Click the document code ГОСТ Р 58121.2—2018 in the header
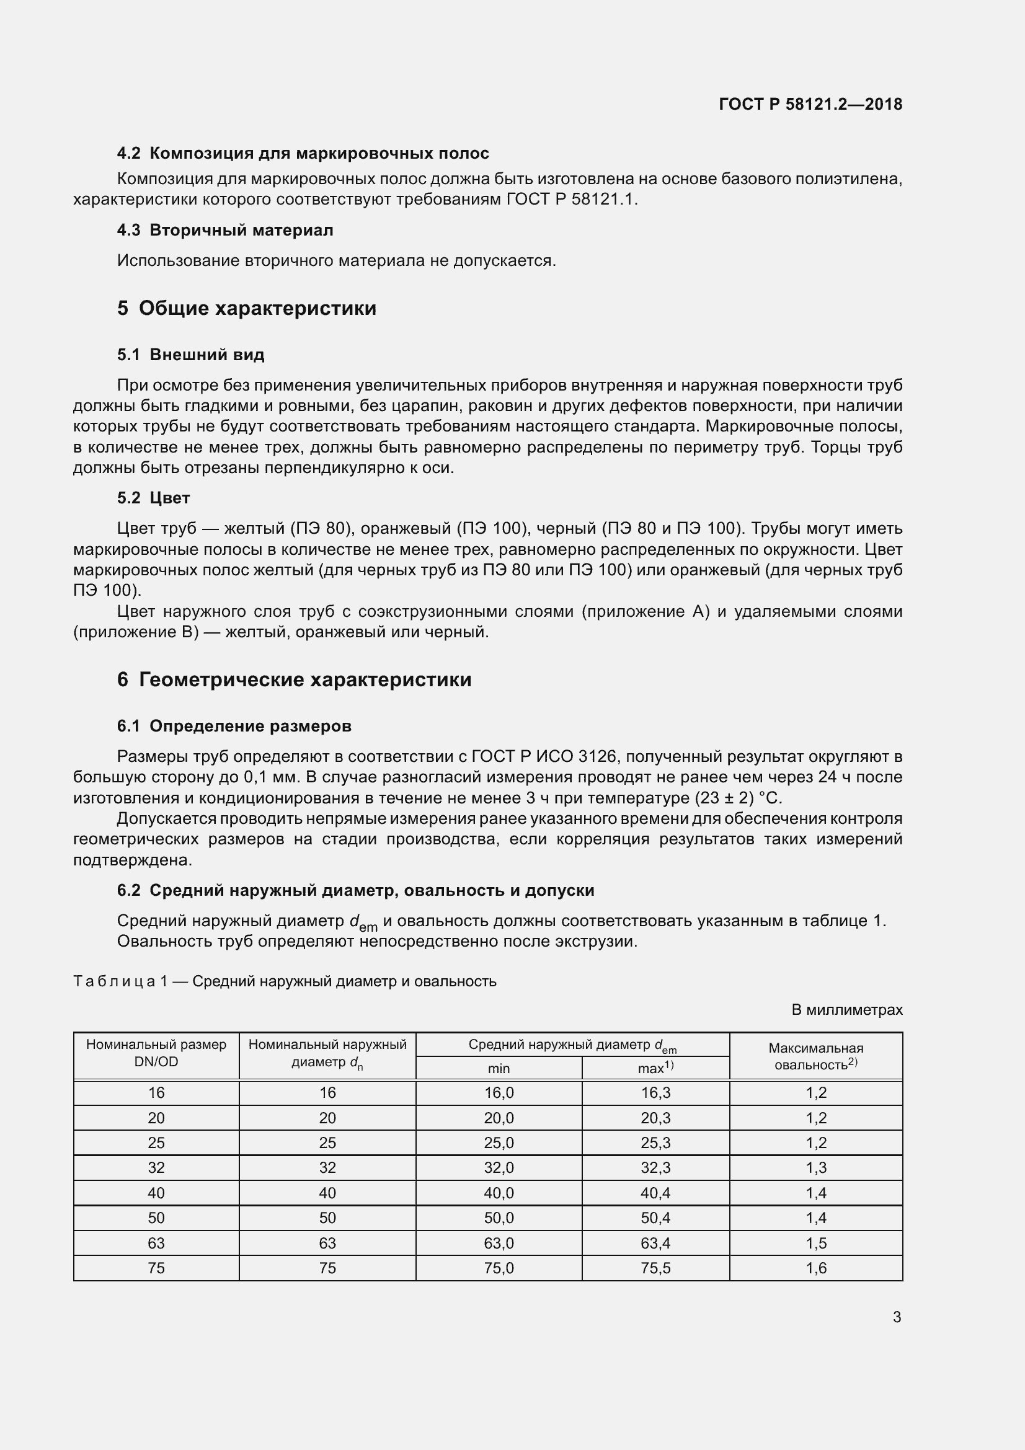pyautogui.click(x=810, y=104)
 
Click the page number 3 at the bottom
pyautogui.click(x=896, y=1317)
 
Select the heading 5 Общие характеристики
pyautogui.click(x=247, y=308)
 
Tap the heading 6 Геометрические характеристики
pyautogui.click(x=295, y=679)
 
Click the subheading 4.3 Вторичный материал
pyautogui.click(x=225, y=230)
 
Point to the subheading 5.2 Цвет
pyautogui.click(x=153, y=498)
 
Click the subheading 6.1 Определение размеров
pyautogui.click(x=234, y=726)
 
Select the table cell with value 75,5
pyautogui.click(x=655, y=1268)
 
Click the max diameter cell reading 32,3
pyautogui.click(x=655, y=1167)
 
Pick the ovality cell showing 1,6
pyautogui.click(x=816, y=1268)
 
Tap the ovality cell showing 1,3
pyautogui.click(x=816, y=1167)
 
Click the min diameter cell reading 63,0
pyautogui.click(x=499, y=1243)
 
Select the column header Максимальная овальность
pyautogui.click(x=816, y=1056)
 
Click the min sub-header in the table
pyautogui.click(x=499, y=1068)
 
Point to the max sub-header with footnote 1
pyautogui.click(x=655, y=1068)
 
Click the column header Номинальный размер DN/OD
pyautogui.click(x=156, y=1053)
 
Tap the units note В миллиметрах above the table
pyautogui.click(x=847, y=1010)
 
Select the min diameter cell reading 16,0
pyautogui.click(x=499, y=1092)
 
